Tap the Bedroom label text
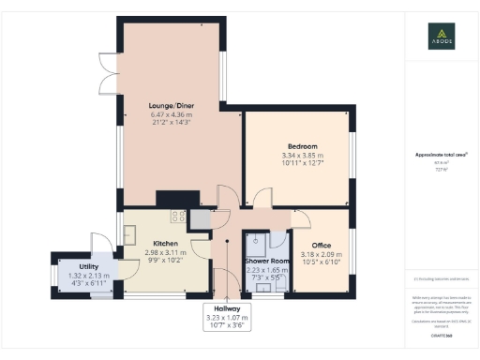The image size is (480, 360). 302,146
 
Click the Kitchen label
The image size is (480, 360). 166,244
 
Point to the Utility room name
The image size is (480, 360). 89,266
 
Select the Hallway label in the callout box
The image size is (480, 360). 227,308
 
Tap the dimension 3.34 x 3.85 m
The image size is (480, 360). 302,156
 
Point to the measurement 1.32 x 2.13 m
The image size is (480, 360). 89,276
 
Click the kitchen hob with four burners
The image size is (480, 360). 176,217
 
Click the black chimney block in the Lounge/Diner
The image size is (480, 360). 171,198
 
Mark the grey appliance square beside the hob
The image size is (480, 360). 198,217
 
